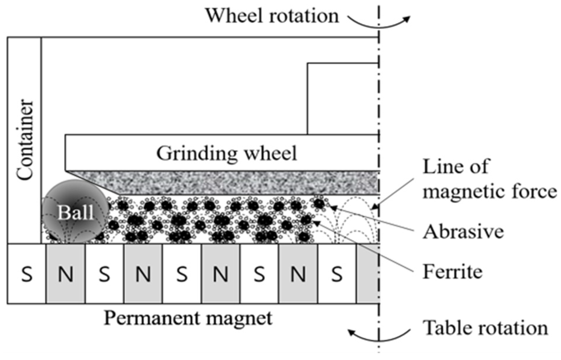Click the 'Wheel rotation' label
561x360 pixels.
coord(271,16)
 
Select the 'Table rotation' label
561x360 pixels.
coord(485,328)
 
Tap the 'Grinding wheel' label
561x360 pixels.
coord(227,153)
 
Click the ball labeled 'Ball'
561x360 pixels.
coord(76,212)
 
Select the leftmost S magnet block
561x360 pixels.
coord(27,274)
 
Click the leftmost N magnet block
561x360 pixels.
coord(66,274)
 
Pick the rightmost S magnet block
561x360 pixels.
coord(337,274)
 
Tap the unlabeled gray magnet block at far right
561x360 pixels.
coord(368,274)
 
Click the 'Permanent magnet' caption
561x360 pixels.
coord(188,318)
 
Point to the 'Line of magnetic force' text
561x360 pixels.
coord(489,179)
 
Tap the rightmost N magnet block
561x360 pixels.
coord(298,274)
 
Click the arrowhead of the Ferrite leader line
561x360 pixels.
coord(316,222)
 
